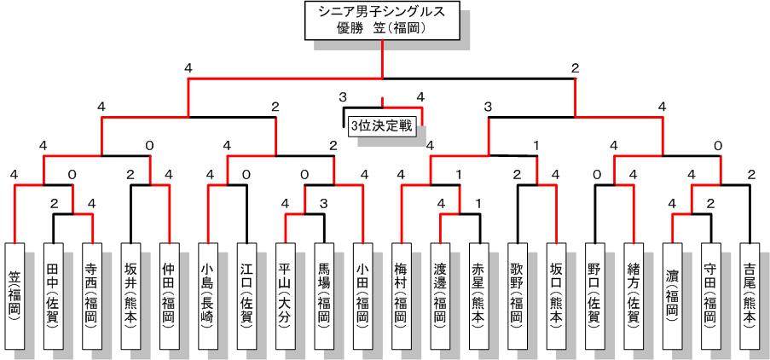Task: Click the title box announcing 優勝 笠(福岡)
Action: [x=381, y=20]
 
